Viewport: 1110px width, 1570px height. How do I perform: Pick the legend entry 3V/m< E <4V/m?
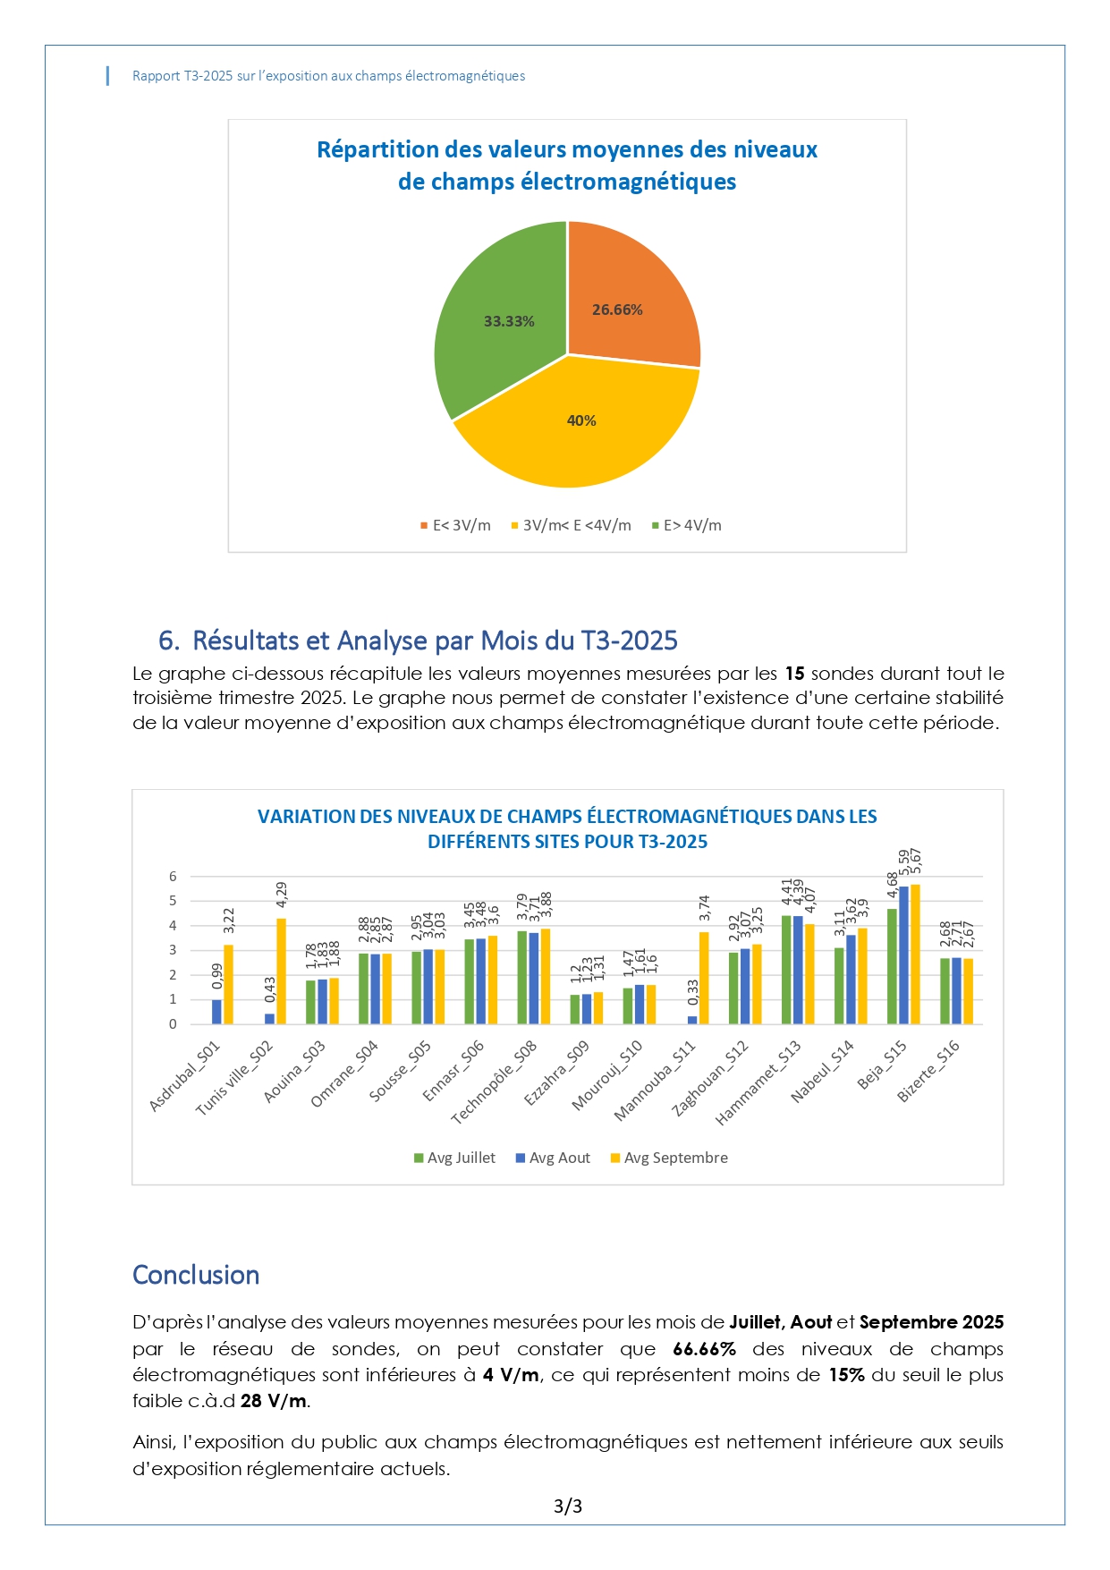point(576,526)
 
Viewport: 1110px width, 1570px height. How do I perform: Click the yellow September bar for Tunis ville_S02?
point(281,971)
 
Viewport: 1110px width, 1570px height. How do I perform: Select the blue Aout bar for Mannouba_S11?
point(692,1020)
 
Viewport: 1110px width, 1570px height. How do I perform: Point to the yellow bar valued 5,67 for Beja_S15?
point(915,954)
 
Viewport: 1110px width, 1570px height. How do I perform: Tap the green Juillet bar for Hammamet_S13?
point(786,970)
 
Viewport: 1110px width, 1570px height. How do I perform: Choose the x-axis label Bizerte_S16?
point(928,1071)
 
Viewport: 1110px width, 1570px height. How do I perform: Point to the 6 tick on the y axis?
point(173,877)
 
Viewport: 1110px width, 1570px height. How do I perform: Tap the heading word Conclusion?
point(196,1275)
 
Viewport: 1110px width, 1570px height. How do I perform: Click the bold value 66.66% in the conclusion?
point(704,1349)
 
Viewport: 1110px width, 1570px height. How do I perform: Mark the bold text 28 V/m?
point(273,1401)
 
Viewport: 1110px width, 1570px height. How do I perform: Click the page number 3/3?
point(568,1506)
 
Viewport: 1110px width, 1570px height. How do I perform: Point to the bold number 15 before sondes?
point(794,674)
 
